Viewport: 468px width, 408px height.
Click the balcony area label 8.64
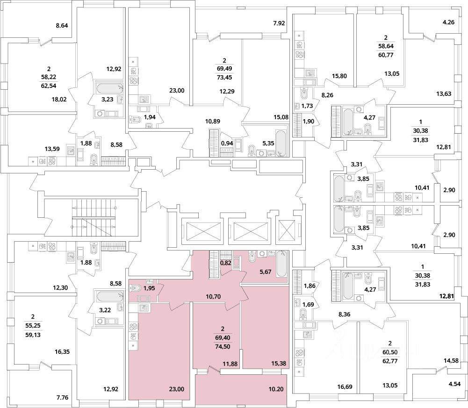click(x=62, y=26)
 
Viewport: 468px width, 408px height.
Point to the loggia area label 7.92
click(x=279, y=23)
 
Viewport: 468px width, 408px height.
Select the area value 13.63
click(x=443, y=94)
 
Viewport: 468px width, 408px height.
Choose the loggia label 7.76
click(x=62, y=398)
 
